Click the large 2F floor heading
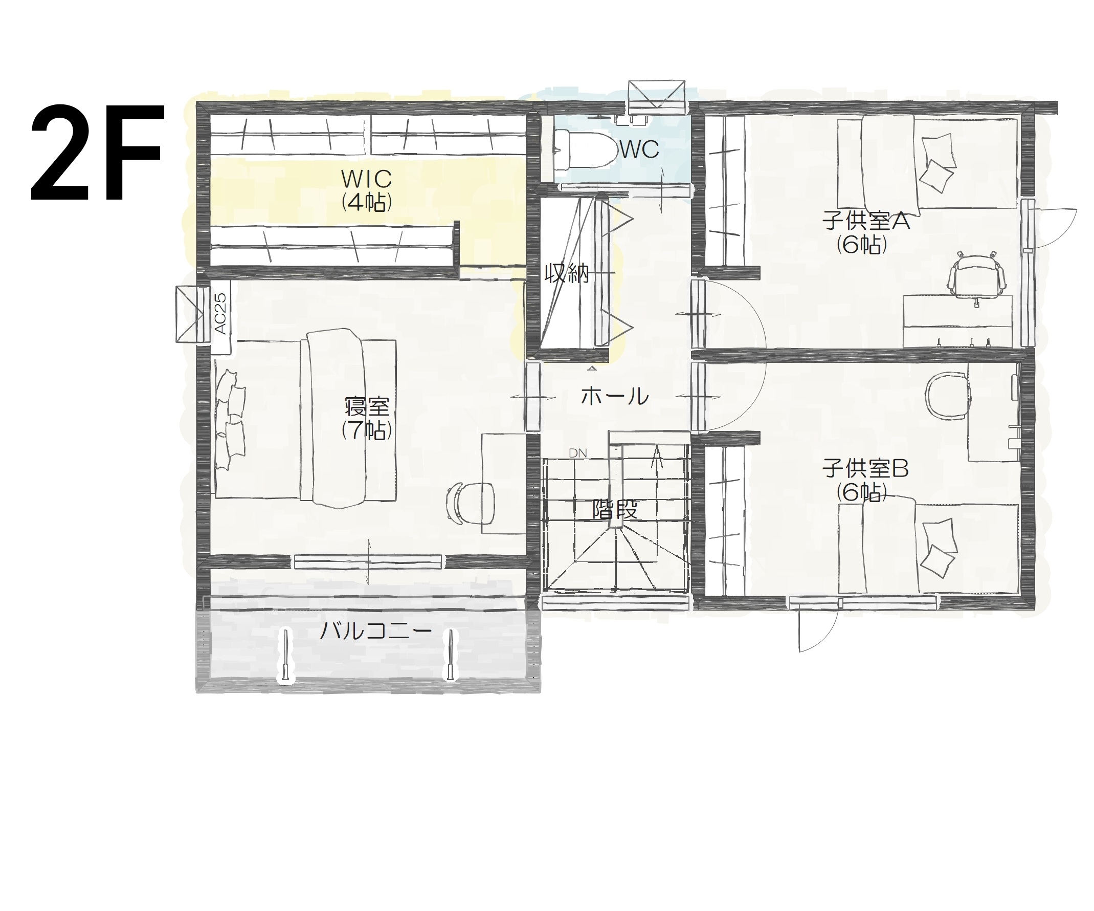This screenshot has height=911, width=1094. coord(98,153)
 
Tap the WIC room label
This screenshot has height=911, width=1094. coord(366,179)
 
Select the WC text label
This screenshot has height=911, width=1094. coord(639,150)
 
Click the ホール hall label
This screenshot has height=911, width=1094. coord(615,397)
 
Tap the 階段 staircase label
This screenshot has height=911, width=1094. coord(615,509)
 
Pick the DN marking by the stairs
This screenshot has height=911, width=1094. coord(578,453)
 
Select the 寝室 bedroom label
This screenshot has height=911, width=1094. coord(367,406)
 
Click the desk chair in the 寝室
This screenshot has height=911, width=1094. coord(470,503)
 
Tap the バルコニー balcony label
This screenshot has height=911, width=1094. coord(375,632)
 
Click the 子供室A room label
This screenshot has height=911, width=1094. coord(866,221)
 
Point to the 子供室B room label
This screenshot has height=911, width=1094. coord(865,468)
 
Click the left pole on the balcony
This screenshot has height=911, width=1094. coord(285,656)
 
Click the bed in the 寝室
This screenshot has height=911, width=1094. coord(306,419)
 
